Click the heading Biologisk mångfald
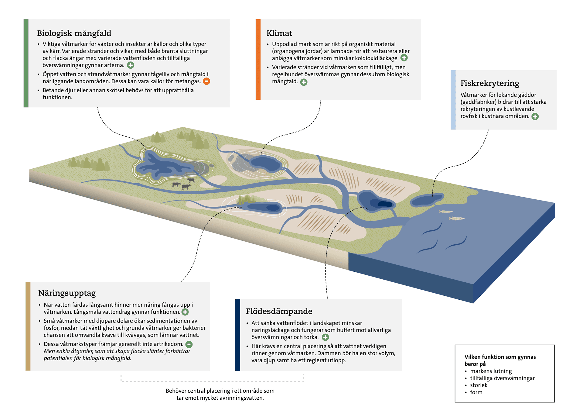[74, 33]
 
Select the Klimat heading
[279, 33]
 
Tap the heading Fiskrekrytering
[489, 83]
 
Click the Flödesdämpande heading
[279, 311]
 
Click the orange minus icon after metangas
[206, 81]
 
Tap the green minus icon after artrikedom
[189, 344]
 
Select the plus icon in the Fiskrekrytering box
[535, 116]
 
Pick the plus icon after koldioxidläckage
[404, 58]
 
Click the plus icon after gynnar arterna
[131, 65]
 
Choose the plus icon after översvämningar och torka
[325, 337]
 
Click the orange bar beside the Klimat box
[258, 60]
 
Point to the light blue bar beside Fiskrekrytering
[453, 100]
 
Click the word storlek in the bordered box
[479, 385]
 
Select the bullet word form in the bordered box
[476, 392]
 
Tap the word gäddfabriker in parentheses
[478, 102]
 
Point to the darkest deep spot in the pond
[385, 204]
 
